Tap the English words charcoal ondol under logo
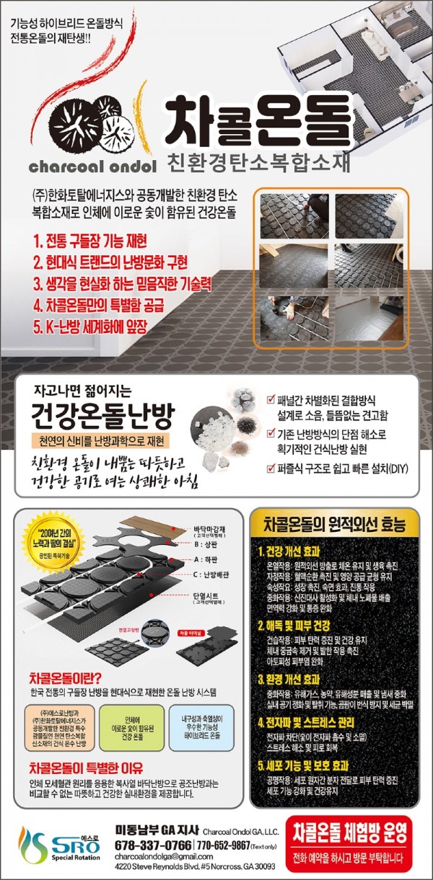[x=92, y=166]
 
